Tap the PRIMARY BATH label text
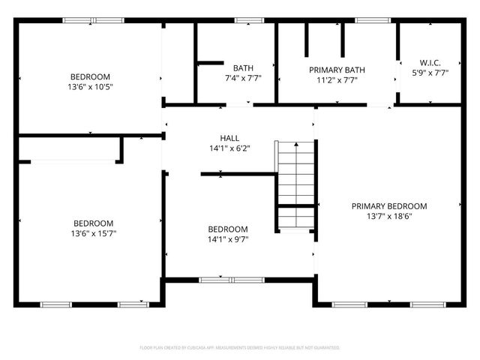pos(337,70)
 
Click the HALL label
pos(229,138)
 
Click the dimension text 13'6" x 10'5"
pos(90,87)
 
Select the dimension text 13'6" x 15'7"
pos(93,233)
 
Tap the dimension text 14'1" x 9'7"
pos(227,239)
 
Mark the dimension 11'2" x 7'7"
pos(337,80)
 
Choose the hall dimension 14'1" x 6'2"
pos(229,148)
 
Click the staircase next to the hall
pos(295,184)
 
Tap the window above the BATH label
pos(244,20)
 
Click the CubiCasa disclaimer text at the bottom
pos(240,348)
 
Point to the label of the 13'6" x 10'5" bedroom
pos(90,76)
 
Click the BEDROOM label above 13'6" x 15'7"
pos(93,223)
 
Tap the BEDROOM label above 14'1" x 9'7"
pos(227,229)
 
